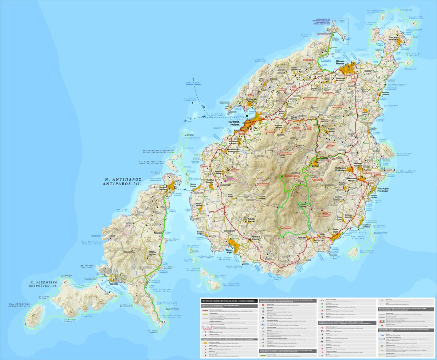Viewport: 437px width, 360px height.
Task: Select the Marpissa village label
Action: (x=358, y=175)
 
